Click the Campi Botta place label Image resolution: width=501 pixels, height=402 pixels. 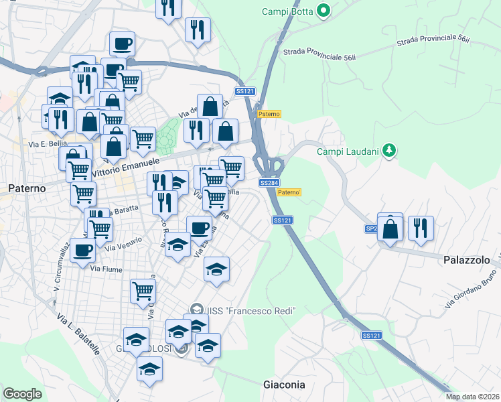coord(288,11)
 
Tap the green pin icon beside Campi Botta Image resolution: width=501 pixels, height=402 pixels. coord(324,10)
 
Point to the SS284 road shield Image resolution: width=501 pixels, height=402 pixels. coord(269,183)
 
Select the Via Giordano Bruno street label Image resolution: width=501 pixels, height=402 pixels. coord(472,293)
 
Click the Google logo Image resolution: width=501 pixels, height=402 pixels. coord(23,394)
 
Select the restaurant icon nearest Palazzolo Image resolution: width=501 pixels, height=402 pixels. coord(421,226)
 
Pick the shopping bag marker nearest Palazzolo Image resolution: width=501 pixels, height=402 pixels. coord(391,228)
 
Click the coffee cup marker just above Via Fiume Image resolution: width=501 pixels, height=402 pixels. coord(82,250)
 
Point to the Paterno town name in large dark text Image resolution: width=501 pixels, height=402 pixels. coord(27,188)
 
